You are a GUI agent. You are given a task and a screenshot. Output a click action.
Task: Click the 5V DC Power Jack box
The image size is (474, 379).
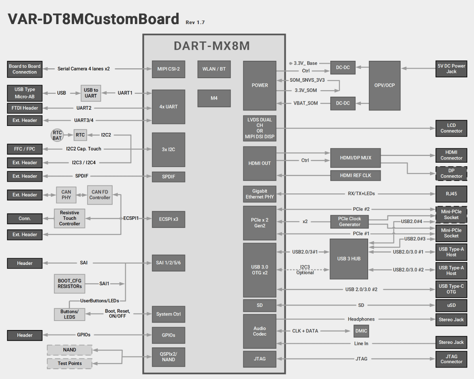tap(451, 69)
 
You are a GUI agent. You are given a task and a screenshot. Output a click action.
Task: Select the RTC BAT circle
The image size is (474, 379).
tap(57, 135)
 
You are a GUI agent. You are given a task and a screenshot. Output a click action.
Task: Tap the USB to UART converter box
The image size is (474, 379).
tap(90, 93)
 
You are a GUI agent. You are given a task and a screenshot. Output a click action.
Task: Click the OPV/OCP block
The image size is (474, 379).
tap(384, 85)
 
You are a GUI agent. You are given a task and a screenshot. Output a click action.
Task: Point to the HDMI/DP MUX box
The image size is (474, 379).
tap(355, 158)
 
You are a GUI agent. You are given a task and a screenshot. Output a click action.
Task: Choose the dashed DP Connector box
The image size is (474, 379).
tap(451, 173)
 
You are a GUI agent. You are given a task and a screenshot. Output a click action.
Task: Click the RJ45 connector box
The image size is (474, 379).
tap(451, 194)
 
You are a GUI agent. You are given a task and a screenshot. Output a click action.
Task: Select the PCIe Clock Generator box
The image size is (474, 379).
tap(350, 221)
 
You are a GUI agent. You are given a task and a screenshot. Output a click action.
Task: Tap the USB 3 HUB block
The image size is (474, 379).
tap(349, 259)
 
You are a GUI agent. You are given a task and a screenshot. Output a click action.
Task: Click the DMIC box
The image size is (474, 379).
tap(361, 331)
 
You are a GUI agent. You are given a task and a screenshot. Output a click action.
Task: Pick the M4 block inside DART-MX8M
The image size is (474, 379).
tap(214, 98)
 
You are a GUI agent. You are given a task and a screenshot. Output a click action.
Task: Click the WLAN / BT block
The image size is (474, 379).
tap(214, 69)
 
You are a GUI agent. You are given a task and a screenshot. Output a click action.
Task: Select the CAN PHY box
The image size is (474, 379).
tap(66, 195)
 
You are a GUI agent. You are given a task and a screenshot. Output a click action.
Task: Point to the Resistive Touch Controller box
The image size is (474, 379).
tap(70, 218)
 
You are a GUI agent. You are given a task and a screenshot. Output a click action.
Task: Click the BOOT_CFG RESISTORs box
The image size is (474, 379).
tap(70, 283)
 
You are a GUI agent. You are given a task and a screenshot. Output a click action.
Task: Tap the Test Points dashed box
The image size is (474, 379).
tap(70, 363)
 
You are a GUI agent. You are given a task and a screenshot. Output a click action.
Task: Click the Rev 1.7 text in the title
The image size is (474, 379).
tap(195, 23)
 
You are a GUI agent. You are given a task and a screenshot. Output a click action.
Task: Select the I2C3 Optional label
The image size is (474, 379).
tap(305, 270)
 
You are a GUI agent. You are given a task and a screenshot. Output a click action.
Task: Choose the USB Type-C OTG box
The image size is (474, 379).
tap(451, 289)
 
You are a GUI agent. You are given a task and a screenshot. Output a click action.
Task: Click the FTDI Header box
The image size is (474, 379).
tap(24, 108)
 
